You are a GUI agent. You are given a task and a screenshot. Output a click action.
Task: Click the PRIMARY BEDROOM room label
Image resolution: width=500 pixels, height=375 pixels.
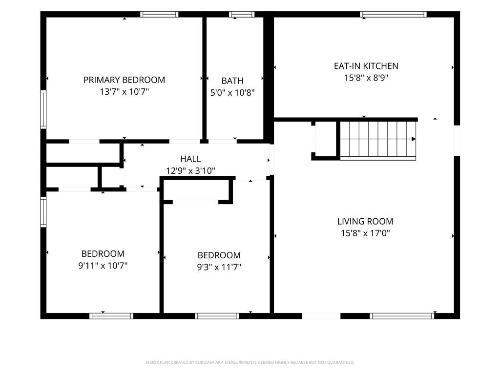click(x=125, y=80)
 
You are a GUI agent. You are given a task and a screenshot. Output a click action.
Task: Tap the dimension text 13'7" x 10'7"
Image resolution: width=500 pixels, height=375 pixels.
click(x=125, y=92)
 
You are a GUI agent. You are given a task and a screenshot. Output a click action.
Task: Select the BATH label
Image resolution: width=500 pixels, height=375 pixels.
click(x=232, y=81)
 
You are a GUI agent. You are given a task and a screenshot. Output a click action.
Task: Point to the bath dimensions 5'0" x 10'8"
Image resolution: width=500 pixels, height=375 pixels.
click(x=232, y=93)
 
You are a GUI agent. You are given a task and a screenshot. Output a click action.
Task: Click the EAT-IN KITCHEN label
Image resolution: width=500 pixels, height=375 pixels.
click(x=366, y=66)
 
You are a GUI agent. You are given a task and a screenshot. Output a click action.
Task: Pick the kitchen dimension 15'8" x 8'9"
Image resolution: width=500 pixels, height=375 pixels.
click(x=366, y=78)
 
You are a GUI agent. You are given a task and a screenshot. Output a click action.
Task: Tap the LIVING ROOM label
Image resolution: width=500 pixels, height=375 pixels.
click(x=365, y=221)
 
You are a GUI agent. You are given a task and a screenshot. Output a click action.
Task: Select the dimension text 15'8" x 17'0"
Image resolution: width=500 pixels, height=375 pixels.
click(x=365, y=233)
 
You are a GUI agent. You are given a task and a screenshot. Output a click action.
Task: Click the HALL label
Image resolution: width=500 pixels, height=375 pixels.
click(x=191, y=159)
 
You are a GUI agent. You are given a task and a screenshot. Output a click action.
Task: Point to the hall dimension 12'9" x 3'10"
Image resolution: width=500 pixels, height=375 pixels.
click(x=191, y=171)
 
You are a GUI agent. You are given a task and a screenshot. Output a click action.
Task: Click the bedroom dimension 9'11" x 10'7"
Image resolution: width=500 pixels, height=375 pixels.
click(x=103, y=266)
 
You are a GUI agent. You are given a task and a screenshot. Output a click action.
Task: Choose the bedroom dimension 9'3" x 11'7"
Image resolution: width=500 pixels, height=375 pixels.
click(x=219, y=267)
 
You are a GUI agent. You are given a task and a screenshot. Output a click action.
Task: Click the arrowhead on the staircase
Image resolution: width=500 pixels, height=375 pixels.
click(x=414, y=139)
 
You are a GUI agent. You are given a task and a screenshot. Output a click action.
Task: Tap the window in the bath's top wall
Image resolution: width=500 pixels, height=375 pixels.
click(x=242, y=14)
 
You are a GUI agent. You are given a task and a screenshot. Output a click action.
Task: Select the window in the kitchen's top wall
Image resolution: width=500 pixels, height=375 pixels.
click(x=393, y=14)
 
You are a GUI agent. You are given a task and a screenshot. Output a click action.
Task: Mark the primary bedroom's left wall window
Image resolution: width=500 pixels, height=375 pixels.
click(x=43, y=109)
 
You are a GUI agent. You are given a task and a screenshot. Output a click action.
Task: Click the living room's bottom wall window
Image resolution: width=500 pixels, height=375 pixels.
click(x=402, y=316)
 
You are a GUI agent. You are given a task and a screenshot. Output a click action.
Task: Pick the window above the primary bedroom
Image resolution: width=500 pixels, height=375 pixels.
click(x=159, y=14)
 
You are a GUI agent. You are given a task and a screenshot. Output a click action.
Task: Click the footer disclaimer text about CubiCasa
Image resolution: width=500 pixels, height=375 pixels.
click(x=250, y=363)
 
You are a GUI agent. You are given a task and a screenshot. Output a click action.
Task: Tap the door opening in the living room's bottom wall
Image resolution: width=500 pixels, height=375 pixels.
click(x=321, y=316)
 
